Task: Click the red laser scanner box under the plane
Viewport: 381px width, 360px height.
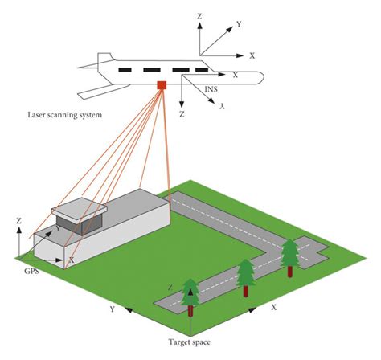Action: click(x=162, y=85)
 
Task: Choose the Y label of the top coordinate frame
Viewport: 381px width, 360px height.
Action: click(x=239, y=25)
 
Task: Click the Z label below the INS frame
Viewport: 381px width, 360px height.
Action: click(x=183, y=115)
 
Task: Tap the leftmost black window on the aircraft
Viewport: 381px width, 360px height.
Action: click(x=125, y=70)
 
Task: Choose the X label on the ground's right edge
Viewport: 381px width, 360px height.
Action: click(x=273, y=308)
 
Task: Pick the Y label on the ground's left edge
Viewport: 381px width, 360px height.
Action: click(x=113, y=309)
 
